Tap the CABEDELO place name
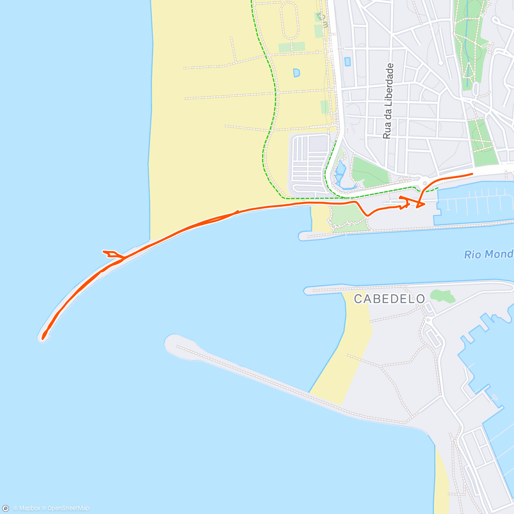(x=389, y=299)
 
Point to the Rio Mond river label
(x=488, y=254)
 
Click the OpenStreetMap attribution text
(x=68, y=508)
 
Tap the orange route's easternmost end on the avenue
(x=472, y=173)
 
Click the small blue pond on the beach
(x=296, y=73)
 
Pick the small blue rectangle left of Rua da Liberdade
(x=347, y=62)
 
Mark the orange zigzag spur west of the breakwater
(x=111, y=254)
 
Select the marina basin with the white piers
(x=475, y=201)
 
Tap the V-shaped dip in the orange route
(x=367, y=214)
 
